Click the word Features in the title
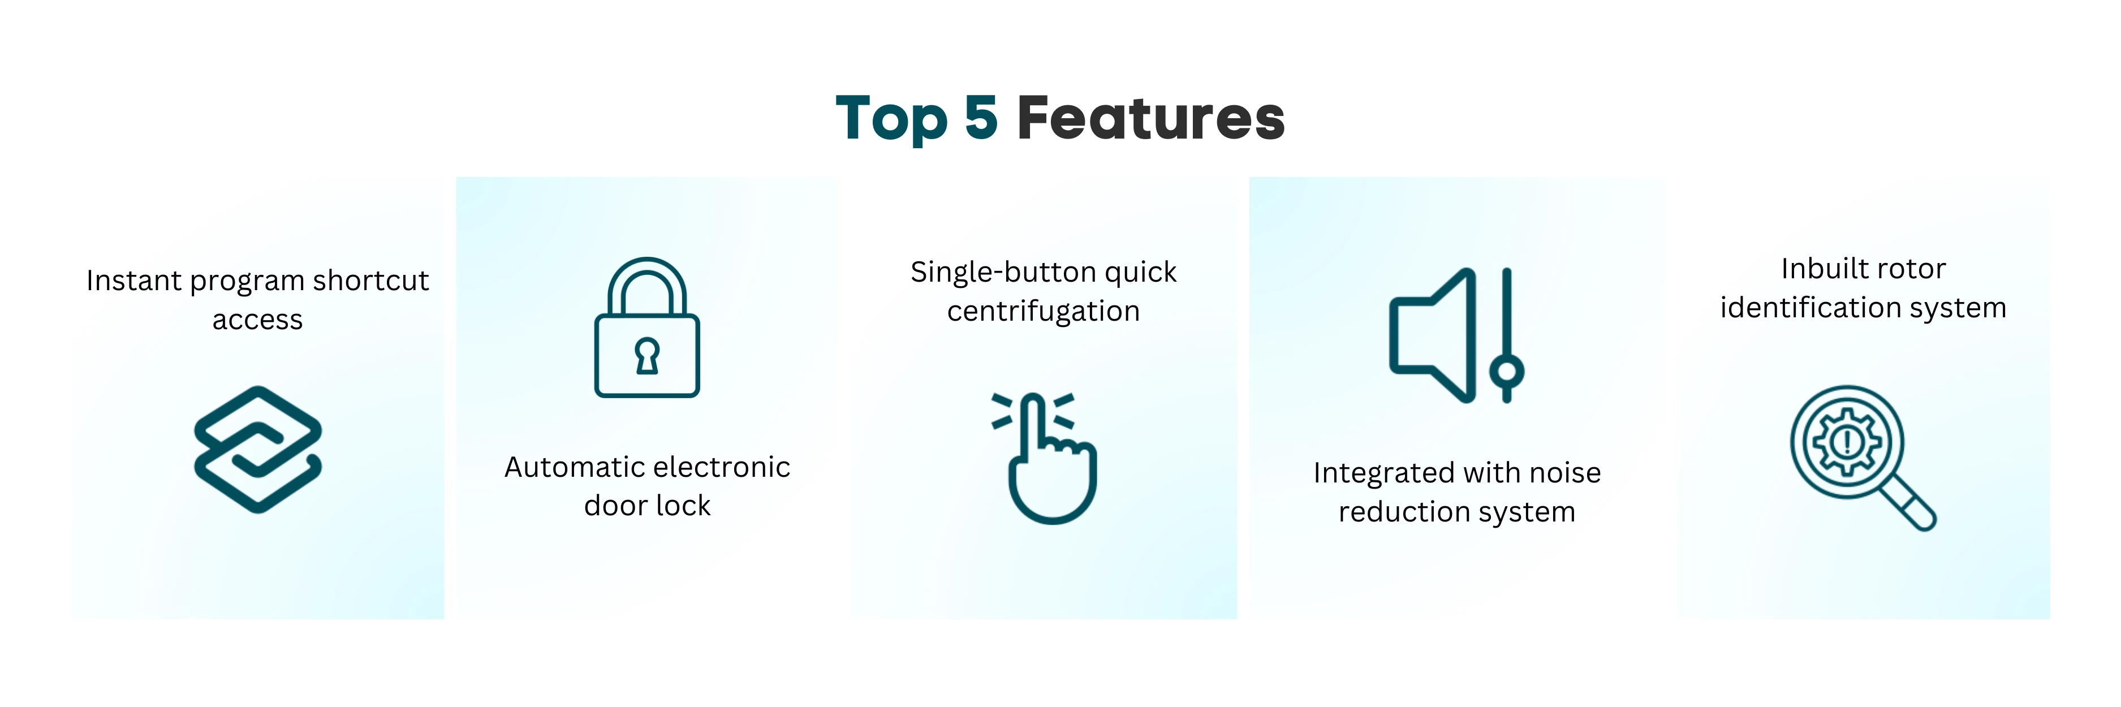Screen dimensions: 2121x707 (x=1150, y=118)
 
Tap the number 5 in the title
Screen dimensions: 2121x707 (x=981, y=118)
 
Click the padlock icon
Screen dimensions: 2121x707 (x=647, y=327)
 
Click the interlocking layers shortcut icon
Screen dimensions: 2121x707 (x=258, y=450)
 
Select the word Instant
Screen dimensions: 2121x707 (x=133, y=281)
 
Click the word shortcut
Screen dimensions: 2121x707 (x=370, y=281)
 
